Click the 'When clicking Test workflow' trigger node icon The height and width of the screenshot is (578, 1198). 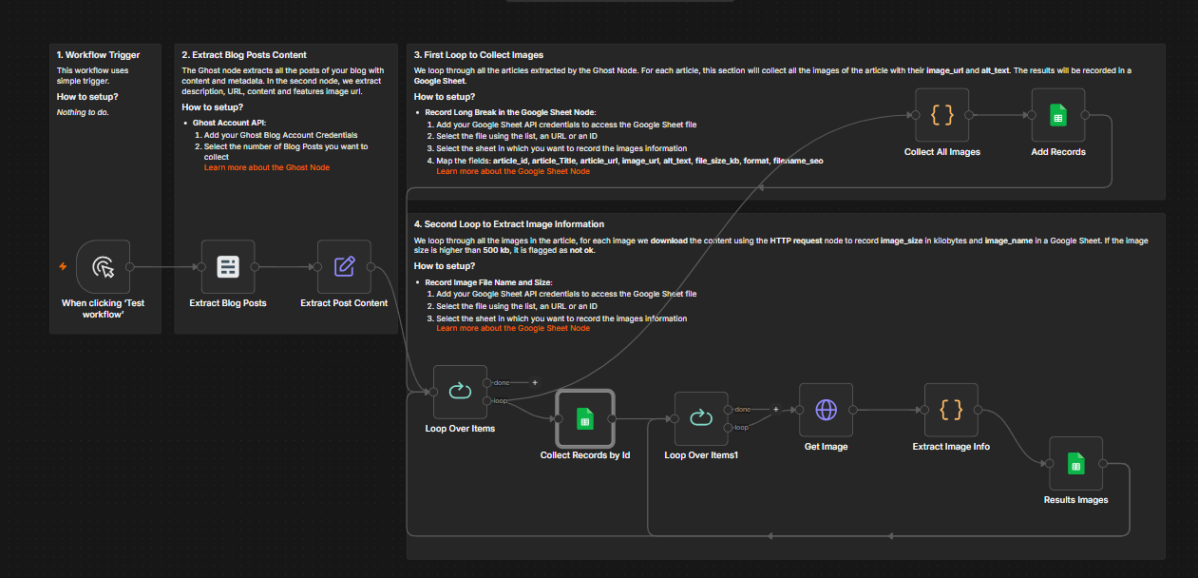click(x=104, y=266)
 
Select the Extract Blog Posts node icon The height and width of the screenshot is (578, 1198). click(x=228, y=266)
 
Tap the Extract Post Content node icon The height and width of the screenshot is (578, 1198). click(x=344, y=266)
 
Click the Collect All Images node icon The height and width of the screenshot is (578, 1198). click(x=941, y=115)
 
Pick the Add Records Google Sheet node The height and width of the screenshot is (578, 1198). click(x=1058, y=115)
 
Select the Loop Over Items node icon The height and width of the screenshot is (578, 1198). click(x=460, y=392)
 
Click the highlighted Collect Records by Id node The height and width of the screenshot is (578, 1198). click(x=585, y=418)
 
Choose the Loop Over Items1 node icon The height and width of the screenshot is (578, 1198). click(x=701, y=418)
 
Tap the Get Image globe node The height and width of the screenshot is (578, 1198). click(x=826, y=410)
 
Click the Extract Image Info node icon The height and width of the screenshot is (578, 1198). click(x=951, y=410)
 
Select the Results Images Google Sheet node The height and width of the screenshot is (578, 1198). click(x=1075, y=464)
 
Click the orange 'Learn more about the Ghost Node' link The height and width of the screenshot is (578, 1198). click(x=266, y=167)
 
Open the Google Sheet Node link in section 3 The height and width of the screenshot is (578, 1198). click(x=513, y=171)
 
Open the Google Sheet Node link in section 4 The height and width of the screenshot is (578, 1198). click(x=513, y=328)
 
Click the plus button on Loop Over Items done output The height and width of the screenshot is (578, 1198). click(x=535, y=383)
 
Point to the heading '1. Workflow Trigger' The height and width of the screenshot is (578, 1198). click(x=98, y=54)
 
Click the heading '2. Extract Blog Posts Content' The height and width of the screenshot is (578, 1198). click(x=244, y=54)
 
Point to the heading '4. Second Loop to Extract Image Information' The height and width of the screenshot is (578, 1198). click(x=508, y=224)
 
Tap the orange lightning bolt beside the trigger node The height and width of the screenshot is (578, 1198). click(x=63, y=266)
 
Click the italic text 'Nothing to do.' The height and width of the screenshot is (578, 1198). click(x=83, y=112)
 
